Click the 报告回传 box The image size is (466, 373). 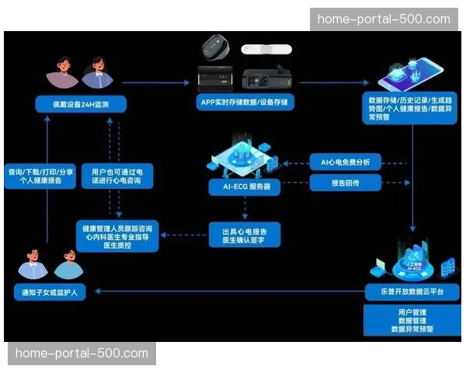(x=346, y=183)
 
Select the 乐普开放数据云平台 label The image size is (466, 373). (x=412, y=292)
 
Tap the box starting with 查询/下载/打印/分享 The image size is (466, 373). (x=41, y=176)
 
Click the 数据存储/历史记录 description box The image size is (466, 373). (x=411, y=108)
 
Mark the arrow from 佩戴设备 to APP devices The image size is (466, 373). (x=156, y=81)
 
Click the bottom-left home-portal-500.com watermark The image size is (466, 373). (x=82, y=354)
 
